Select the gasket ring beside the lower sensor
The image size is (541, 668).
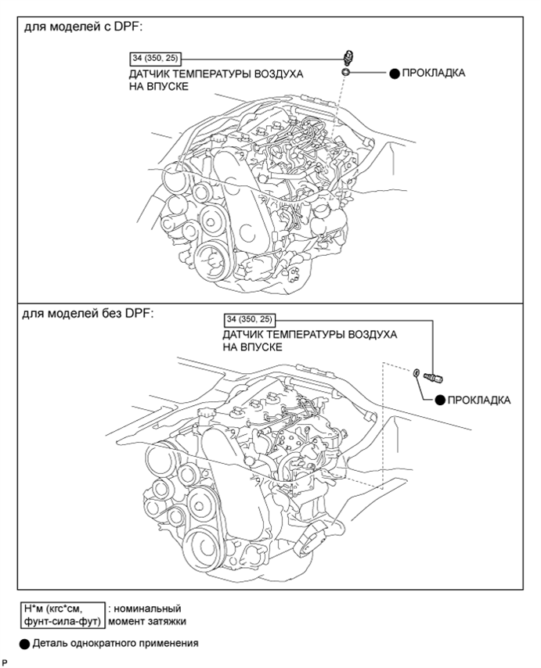point(416,373)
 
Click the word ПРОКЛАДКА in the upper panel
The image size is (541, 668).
point(433,73)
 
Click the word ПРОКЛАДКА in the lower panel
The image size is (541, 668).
point(478,400)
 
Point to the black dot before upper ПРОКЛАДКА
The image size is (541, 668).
point(395,74)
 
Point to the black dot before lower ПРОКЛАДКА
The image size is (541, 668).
point(440,400)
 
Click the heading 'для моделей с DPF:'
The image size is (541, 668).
point(83,27)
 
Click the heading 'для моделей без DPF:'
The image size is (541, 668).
point(88,314)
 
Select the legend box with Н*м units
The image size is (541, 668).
point(63,615)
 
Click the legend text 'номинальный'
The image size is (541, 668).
point(147,609)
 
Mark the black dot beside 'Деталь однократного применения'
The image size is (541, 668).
point(25,644)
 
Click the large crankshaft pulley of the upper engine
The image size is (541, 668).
point(213,261)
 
